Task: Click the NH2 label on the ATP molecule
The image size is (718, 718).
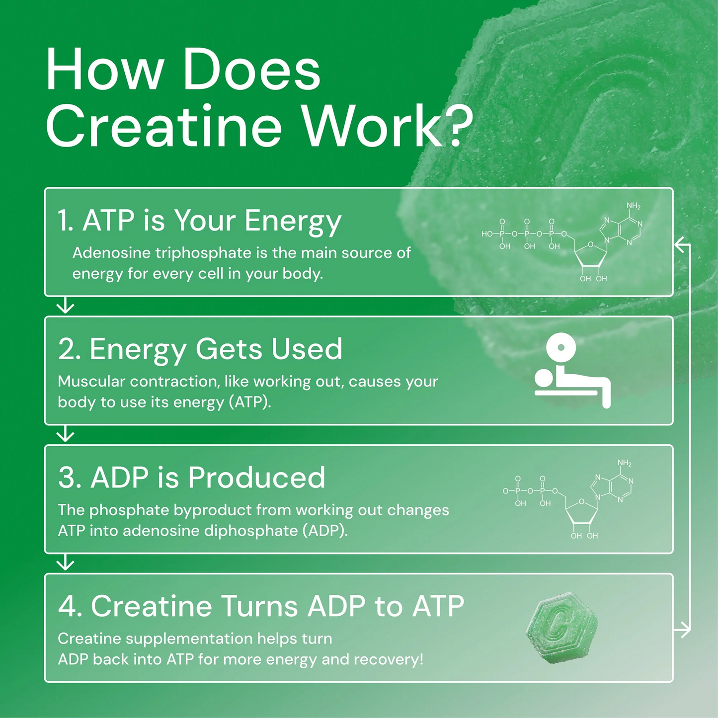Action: pos(634,206)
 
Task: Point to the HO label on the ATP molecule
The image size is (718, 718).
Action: pos(487,234)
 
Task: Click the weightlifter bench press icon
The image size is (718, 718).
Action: pos(571,370)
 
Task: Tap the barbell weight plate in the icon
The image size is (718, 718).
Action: pos(560,347)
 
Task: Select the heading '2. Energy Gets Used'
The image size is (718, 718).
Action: pos(200,349)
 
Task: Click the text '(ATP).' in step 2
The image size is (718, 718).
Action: pos(250,402)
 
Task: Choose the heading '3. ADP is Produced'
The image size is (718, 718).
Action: pos(192,478)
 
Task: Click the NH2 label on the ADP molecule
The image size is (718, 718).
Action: pos(625,464)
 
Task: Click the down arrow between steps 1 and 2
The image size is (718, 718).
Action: pos(65,306)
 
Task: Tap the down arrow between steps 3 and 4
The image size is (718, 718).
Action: pos(65,563)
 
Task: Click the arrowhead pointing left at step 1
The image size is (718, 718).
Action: pos(680,244)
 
